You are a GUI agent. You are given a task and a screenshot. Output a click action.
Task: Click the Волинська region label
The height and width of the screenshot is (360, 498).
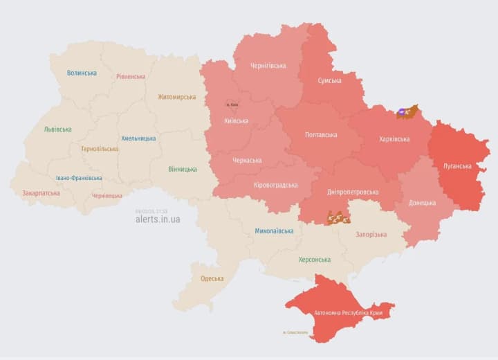(x=82, y=73)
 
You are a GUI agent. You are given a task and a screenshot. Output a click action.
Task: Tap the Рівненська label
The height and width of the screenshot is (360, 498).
(x=131, y=77)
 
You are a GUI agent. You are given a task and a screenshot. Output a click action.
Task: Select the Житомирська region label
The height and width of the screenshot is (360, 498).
(x=176, y=97)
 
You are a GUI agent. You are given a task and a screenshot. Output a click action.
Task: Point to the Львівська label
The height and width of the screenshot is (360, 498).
(x=57, y=129)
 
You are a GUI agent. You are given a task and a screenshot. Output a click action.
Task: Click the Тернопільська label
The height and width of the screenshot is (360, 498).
(x=99, y=149)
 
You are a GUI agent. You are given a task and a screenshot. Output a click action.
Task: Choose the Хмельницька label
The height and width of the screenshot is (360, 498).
(x=138, y=138)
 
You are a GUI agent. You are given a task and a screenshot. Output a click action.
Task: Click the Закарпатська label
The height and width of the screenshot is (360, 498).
(x=41, y=194)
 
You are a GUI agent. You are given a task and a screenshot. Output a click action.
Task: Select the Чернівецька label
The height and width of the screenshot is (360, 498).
(x=107, y=196)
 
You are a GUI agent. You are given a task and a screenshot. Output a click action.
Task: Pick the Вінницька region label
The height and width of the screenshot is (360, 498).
(x=183, y=169)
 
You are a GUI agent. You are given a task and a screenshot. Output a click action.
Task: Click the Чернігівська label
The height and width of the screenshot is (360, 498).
(x=268, y=66)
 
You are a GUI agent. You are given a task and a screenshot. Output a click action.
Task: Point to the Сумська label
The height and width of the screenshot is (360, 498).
(x=329, y=81)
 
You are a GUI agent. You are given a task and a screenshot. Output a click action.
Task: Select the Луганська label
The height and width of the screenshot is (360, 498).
(x=457, y=166)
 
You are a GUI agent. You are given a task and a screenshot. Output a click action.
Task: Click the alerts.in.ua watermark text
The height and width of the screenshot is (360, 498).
(x=158, y=219)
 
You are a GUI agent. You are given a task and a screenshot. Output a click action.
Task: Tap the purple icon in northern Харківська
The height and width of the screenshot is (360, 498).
(x=403, y=111)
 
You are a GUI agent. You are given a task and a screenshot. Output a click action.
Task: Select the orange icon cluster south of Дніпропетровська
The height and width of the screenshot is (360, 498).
(x=338, y=218)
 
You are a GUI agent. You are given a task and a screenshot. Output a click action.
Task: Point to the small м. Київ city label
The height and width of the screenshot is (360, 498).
(x=232, y=105)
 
